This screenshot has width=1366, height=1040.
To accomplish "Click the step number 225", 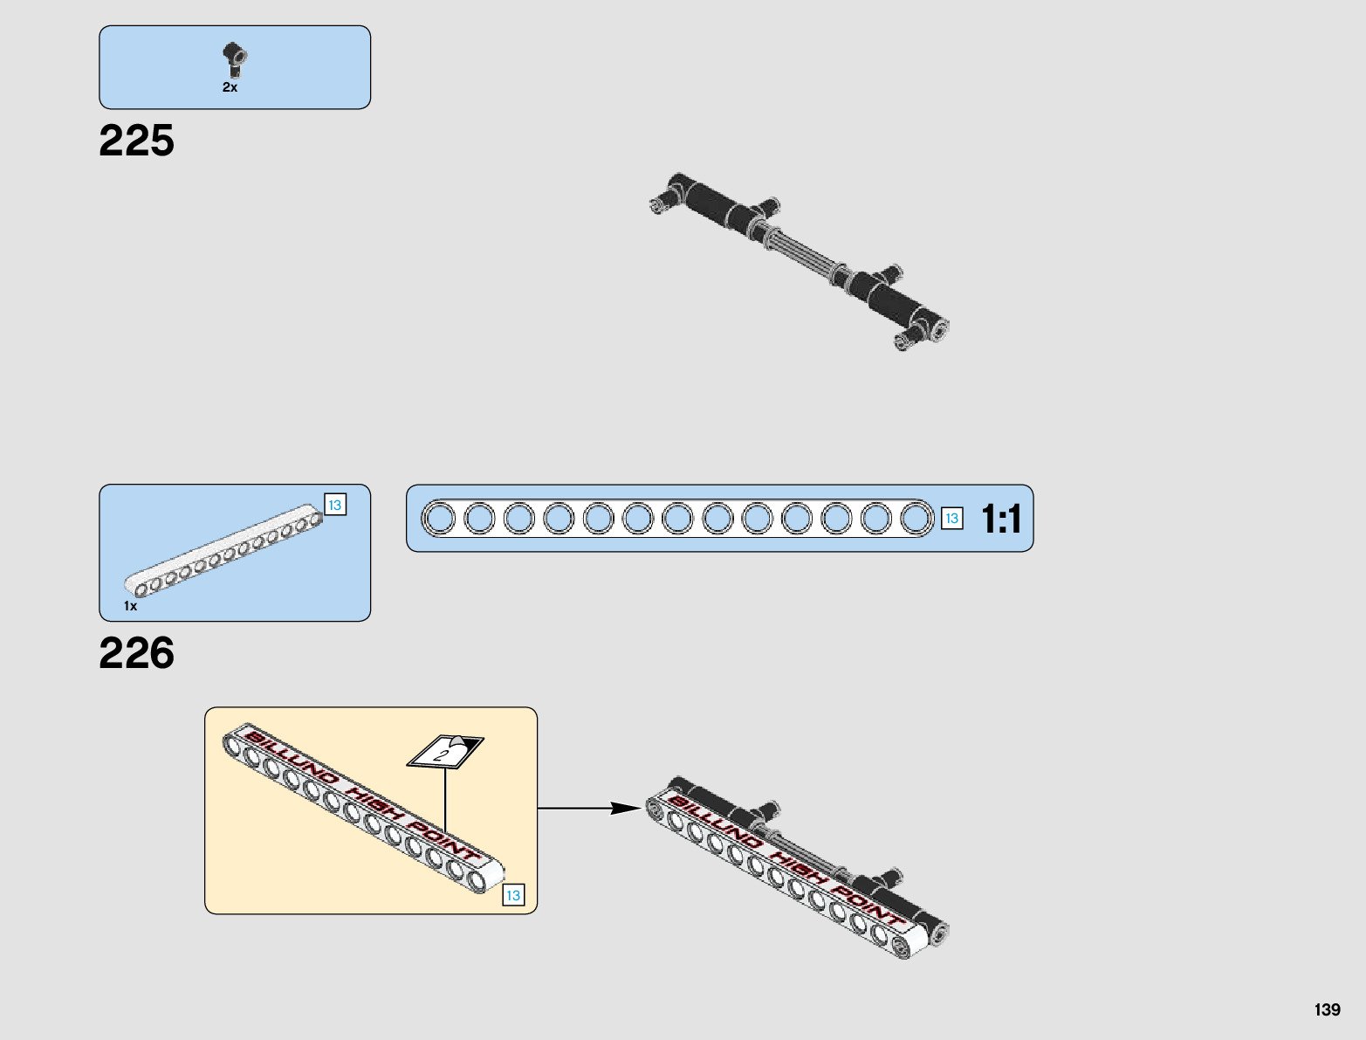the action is click(x=136, y=141).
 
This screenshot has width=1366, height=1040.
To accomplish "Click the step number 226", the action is click(x=136, y=653).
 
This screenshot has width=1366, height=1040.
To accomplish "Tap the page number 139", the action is click(x=1327, y=1009).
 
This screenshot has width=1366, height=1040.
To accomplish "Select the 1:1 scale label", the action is click(x=1001, y=519).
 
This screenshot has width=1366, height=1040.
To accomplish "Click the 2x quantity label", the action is click(x=230, y=87).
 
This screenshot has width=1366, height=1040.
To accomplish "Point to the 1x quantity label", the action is click(x=130, y=606).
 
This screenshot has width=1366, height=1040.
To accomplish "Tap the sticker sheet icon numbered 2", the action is click(x=445, y=751).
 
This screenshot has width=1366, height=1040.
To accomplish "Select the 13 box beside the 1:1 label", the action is click(x=951, y=519).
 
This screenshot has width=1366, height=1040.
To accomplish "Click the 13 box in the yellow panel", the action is click(x=513, y=895).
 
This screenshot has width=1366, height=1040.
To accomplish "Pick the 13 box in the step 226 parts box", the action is click(x=334, y=505).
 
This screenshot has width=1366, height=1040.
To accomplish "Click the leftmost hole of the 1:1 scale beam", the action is click(x=439, y=519).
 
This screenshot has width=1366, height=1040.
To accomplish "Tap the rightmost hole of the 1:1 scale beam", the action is click(x=916, y=519).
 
